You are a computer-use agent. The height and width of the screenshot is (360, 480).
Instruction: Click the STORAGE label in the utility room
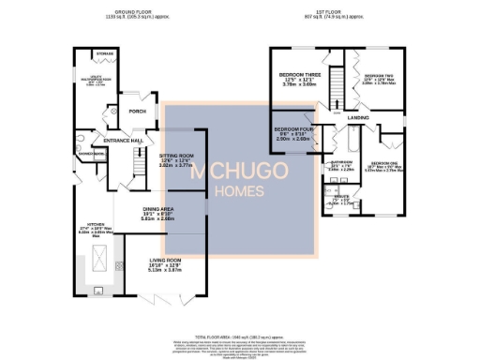tap(106, 53)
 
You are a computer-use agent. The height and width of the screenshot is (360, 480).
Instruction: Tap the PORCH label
tap(137, 111)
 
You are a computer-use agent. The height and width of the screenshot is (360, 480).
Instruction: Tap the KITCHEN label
tap(95, 225)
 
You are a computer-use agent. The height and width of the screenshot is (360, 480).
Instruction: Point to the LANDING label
tap(357, 117)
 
